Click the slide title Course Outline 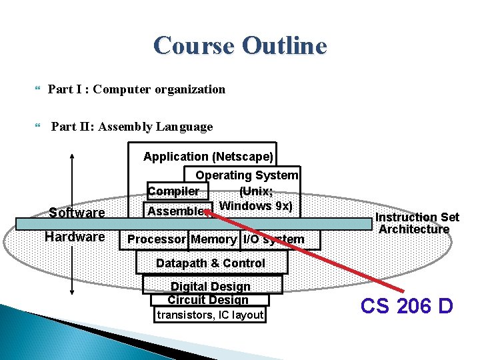240,46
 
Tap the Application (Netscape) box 208,157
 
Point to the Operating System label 247,175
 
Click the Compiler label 173,191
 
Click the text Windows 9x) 255,205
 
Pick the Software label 77,213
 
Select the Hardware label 75,237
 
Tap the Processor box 156,239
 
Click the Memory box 213,239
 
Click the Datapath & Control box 211,263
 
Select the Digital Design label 211,287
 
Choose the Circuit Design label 208,300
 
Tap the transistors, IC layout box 210,315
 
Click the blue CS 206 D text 407,306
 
